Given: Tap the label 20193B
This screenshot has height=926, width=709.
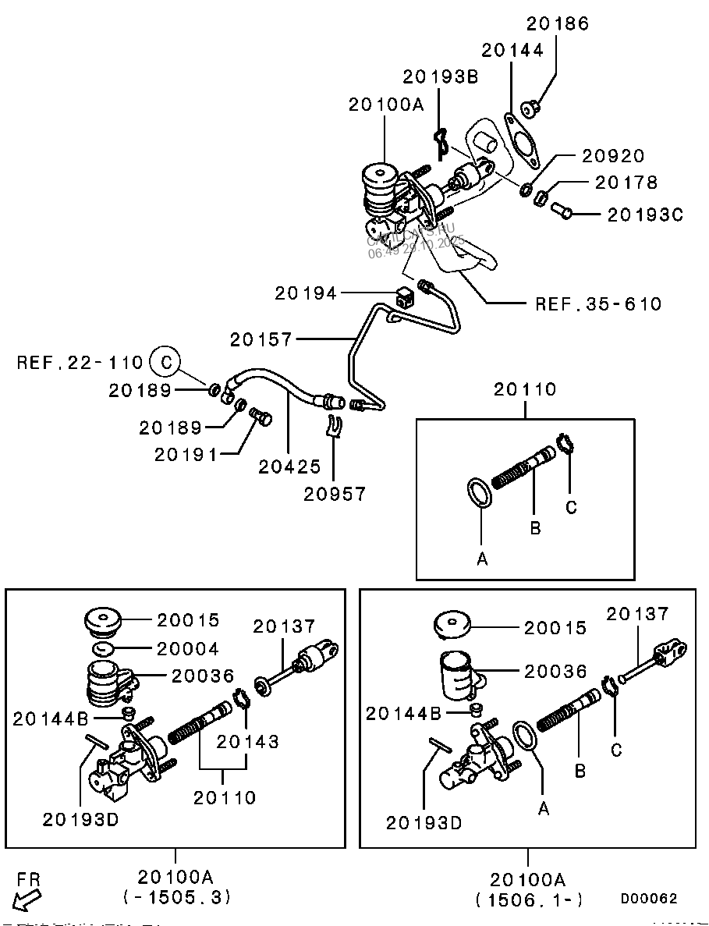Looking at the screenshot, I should [440, 76].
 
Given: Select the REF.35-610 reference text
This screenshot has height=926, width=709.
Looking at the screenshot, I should [598, 303].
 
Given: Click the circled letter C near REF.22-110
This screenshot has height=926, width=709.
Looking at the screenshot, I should [165, 362].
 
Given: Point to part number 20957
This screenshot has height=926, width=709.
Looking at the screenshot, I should [335, 493].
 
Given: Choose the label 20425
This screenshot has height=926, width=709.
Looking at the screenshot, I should [290, 466].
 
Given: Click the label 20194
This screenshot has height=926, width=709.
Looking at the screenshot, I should [306, 293].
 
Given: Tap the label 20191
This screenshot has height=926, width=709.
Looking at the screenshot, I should [185, 454].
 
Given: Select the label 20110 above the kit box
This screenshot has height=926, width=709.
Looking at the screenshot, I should [525, 388].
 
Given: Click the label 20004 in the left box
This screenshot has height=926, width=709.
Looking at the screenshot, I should [188, 648].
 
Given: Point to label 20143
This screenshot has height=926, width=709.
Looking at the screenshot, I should [247, 741].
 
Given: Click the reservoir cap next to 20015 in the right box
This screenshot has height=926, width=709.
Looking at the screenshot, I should [452, 624].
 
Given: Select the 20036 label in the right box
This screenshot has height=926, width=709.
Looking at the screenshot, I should [555, 671].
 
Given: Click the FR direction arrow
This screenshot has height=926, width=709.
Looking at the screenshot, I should [29, 899].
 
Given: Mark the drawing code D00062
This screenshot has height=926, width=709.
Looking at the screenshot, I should [649, 899].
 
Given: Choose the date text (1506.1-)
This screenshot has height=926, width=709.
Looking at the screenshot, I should [529, 899].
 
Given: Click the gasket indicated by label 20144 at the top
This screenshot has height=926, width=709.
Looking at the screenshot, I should [521, 140].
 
